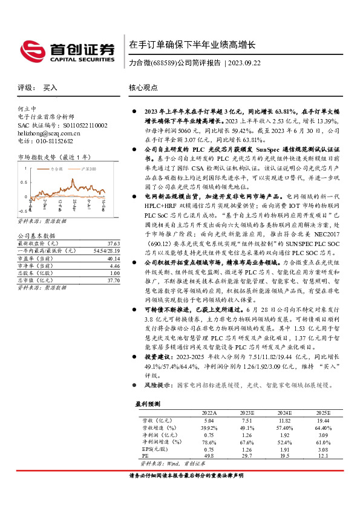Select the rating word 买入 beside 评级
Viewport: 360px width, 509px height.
(x=50, y=88)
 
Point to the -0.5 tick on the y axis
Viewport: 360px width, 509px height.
(x=22, y=211)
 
